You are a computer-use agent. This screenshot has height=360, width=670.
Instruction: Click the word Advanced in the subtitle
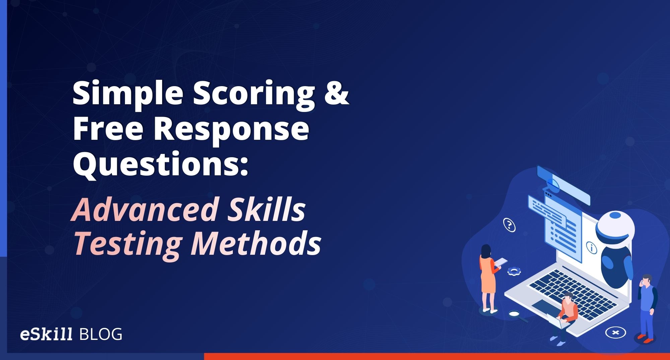pos(144,210)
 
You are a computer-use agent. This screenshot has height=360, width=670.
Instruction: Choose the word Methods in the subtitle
pos(256,243)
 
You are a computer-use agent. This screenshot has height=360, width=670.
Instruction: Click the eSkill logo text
pos(46,334)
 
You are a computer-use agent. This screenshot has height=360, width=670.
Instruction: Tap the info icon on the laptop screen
pos(592,248)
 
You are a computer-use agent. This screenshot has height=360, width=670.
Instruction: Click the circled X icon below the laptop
pos(615,333)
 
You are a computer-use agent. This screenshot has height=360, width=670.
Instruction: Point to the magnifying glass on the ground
pos(515,314)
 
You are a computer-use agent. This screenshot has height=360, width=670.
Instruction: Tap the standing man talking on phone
pos(647,307)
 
